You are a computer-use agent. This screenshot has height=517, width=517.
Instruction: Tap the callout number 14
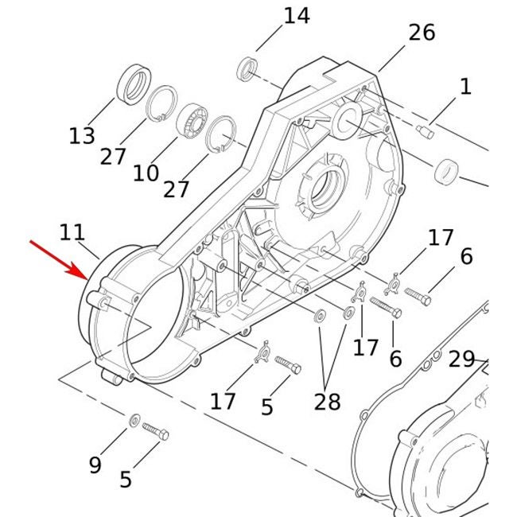(x=297, y=16)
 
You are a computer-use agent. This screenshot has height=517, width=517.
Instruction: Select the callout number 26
(x=422, y=33)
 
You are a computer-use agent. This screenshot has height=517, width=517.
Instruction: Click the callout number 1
(x=465, y=87)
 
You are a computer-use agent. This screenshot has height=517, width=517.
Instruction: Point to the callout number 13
(x=82, y=136)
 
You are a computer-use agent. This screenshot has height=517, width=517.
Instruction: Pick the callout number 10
(x=146, y=173)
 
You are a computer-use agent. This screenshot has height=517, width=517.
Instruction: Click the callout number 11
(x=72, y=232)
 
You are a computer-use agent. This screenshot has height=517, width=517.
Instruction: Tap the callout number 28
(x=328, y=402)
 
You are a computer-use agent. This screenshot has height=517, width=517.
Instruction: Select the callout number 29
(x=461, y=359)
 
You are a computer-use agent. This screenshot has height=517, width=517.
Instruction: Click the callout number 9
(x=95, y=465)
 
